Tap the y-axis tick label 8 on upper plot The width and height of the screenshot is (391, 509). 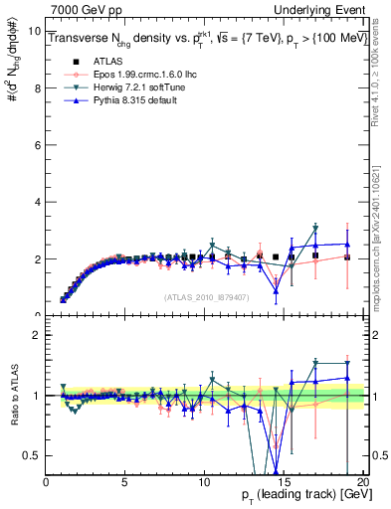click(37, 87)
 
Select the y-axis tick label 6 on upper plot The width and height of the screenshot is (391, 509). click(37, 145)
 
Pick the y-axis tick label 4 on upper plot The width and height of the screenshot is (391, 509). click(37, 202)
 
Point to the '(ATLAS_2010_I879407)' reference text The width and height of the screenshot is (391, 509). click(205, 295)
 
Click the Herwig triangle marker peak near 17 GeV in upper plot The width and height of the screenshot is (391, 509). click(315, 228)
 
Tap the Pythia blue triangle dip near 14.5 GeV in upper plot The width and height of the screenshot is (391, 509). click(276, 290)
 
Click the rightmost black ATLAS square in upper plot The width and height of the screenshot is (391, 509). click(346, 257)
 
